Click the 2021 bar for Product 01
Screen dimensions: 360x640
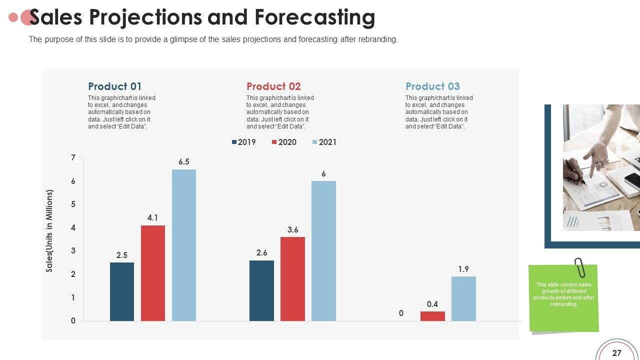pyautogui.click(x=184, y=245)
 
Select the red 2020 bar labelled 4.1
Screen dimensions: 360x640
pyautogui.click(x=153, y=273)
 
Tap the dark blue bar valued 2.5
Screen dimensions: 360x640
pyautogui.click(x=122, y=291)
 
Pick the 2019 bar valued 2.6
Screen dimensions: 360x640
pyautogui.click(x=261, y=290)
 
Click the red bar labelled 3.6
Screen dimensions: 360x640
pyautogui.click(x=292, y=278)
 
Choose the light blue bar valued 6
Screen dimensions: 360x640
pyautogui.click(x=323, y=250)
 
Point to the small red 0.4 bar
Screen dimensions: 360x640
pyautogui.click(x=432, y=316)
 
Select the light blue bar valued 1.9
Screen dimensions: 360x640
pyautogui.click(x=463, y=298)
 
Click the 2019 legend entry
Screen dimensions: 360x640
pyautogui.click(x=243, y=142)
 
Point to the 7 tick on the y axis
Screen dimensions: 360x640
pyautogui.click(x=73, y=158)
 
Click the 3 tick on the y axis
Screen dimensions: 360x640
pyautogui.click(x=73, y=251)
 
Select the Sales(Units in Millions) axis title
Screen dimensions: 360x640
pyautogui.click(x=49, y=231)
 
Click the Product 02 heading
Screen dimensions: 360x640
pyautogui.click(x=273, y=86)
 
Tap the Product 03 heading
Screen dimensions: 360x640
pyautogui.click(x=432, y=86)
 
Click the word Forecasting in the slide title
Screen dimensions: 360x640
pyautogui.click(x=314, y=17)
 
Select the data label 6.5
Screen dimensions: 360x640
pyautogui.click(x=184, y=162)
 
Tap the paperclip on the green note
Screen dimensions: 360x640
pyautogui.click(x=580, y=267)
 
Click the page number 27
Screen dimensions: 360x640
pyautogui.click(x=617, y=353)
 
